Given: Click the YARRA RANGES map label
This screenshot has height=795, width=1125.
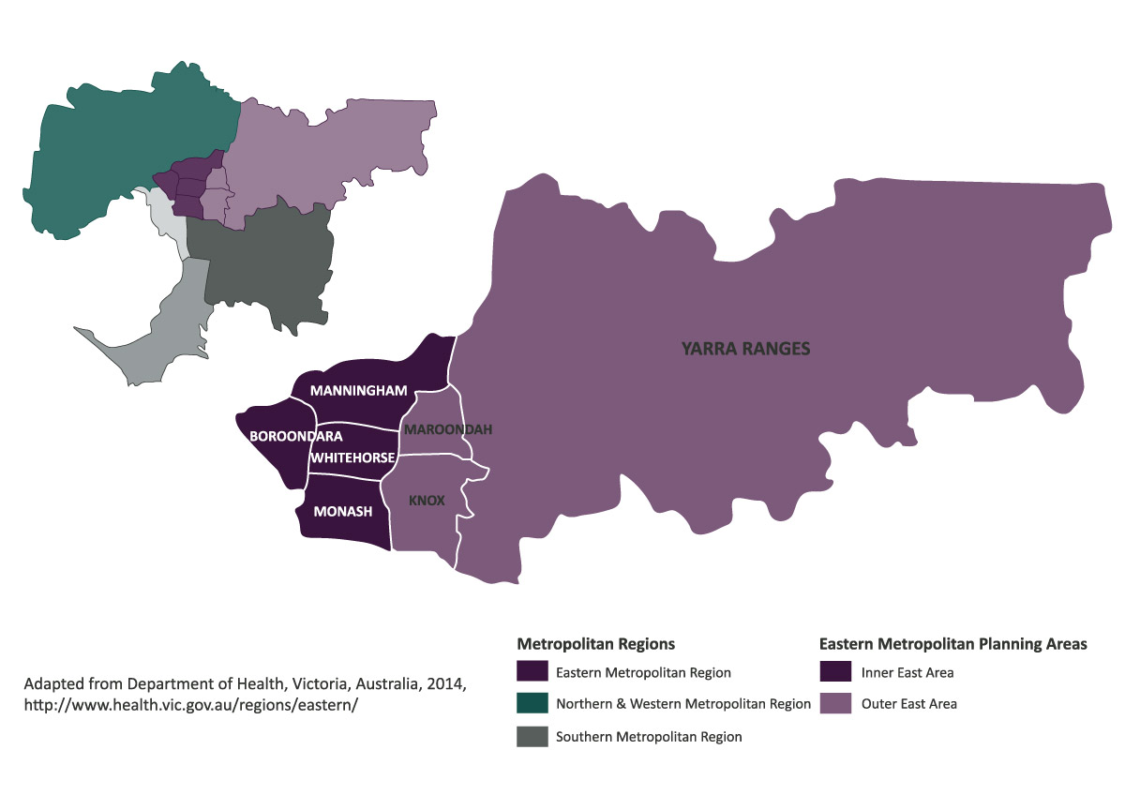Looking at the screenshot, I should [x=745, y=350].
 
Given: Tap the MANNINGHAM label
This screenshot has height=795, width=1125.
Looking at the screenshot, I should [x=358, y=390].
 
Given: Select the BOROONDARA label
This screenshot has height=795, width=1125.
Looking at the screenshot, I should [x=295, y=436].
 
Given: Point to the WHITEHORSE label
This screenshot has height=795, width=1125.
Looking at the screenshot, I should [x=352, y=457].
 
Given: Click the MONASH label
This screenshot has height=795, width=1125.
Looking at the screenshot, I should [x=343, y=511].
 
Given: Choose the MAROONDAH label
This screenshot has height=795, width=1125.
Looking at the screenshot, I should [x=446, y=429].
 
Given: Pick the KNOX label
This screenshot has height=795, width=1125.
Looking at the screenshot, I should [x=427, y=501].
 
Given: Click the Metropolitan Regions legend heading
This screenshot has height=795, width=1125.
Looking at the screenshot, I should [x=595, y=644].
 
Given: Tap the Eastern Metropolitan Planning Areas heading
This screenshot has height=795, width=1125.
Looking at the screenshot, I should [x=952, y=644].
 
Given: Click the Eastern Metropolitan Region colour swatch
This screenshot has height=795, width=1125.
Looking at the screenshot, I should [x=532, y=672].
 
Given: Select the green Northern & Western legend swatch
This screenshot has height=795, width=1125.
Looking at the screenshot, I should [x=532, y=704].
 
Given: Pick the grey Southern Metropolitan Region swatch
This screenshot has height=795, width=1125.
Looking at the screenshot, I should [x=532, y=736].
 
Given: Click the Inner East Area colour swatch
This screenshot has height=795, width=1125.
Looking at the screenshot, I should [x=834, y=672].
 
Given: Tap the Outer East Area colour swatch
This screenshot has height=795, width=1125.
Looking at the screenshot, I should [x=834, y=703].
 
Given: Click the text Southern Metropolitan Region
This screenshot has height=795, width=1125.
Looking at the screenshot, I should [x=649, y=737].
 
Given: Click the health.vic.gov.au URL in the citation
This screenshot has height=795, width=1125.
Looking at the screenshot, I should [x=191, y=704].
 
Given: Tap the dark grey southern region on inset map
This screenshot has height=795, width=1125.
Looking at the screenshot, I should [x=267, y=262].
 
